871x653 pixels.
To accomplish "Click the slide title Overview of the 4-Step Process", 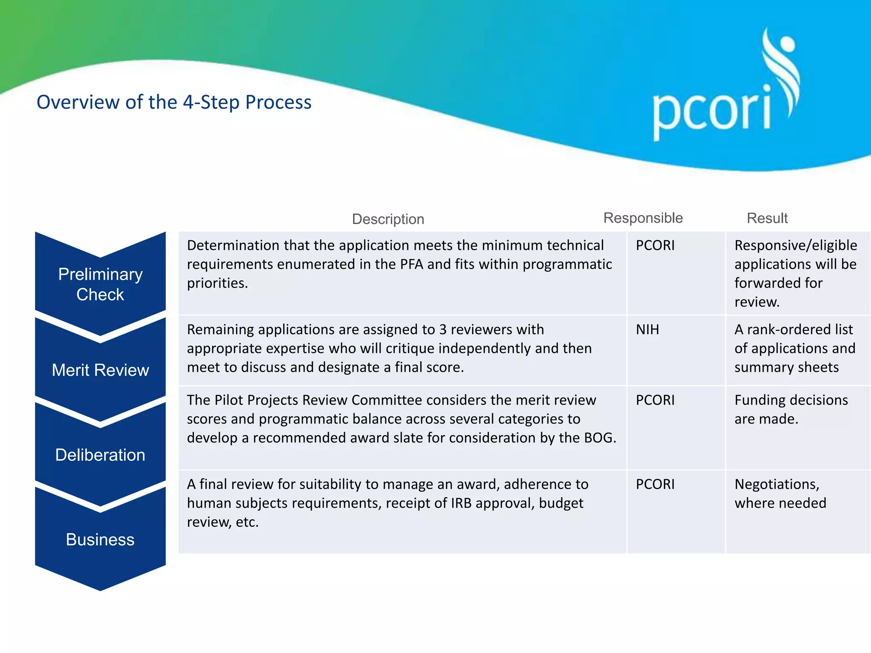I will click(174, 102).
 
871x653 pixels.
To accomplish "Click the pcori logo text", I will click(712, 111).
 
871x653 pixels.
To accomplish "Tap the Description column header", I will click(388, 219).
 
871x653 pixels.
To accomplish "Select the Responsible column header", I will click(643, 218).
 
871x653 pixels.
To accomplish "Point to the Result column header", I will click(767, 218).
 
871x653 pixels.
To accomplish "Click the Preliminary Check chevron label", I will click(100, 284).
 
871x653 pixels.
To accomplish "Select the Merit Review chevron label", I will click(100, 370).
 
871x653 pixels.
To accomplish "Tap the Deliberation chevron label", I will click(100, 455).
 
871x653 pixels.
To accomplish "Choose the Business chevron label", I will click(100, 539).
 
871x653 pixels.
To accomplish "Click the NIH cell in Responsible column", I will click(647, 329).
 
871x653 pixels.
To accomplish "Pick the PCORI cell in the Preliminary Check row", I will click(655, 245).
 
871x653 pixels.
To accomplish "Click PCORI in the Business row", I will click(655, 484).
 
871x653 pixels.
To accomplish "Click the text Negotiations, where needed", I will click(780, 494).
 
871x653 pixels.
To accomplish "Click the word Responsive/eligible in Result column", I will click(795, 245).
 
